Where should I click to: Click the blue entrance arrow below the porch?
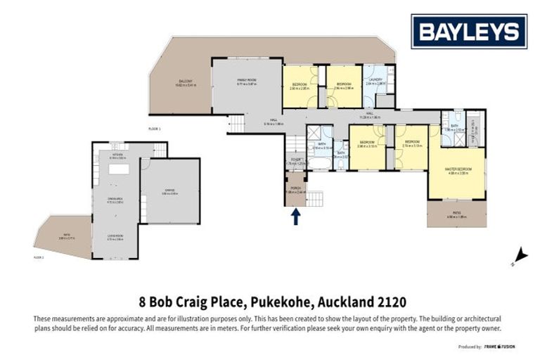click(x=295, y=217)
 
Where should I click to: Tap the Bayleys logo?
click(x=469, y=32)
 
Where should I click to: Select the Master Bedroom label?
click(x=457, y=170)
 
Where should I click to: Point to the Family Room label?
click(x=246, y=82)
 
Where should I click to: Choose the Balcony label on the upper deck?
click(x=186, y=84)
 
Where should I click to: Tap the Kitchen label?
click(x=117, y=156)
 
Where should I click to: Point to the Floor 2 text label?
click(x=39, y=258)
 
